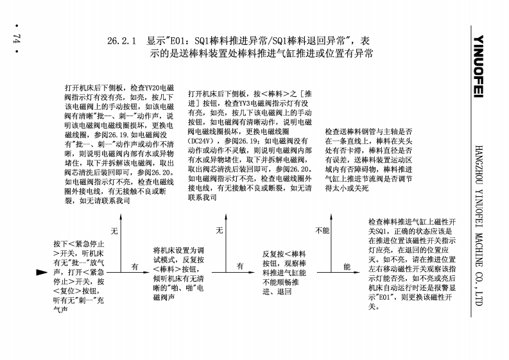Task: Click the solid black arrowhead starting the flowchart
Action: pos(42,272)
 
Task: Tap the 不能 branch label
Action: pos(323,230)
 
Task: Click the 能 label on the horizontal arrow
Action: pos(347,266)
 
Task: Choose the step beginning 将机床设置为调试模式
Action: pos(179,271)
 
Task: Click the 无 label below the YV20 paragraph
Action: pos(115,230)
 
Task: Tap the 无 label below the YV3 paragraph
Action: pos(220,230)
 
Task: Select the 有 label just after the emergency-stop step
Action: pos(135,266)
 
